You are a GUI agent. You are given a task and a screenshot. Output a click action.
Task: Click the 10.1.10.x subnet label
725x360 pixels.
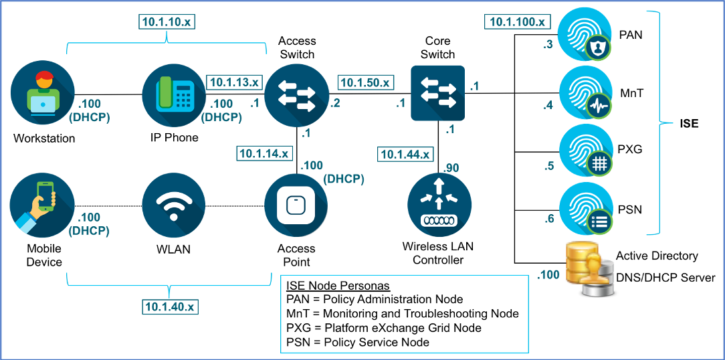click(x=167, y=21)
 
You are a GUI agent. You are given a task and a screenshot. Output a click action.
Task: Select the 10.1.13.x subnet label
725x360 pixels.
click(x=233, y=82)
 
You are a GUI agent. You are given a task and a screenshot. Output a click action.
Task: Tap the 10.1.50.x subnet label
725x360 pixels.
click(x=365, y=83)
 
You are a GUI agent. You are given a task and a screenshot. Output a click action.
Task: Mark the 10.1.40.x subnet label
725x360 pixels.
click(x=171, y=307)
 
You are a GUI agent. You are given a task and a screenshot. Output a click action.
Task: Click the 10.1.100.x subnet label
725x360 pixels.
click(x=517, y=22)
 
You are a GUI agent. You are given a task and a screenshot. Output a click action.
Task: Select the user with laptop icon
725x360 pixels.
click(x=42, y=92)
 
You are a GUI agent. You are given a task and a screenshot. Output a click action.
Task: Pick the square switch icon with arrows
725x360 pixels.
click(x=437, y=92)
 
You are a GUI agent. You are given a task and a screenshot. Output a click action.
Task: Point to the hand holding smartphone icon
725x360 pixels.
click(x=42, y=204)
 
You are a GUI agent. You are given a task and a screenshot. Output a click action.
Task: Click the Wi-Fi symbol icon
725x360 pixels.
click(x=173, y=205)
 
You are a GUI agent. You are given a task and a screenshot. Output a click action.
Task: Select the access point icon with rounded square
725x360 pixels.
click(x=296, y=205)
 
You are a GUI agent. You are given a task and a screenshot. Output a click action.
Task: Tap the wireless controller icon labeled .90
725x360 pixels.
click(x=439, y=205)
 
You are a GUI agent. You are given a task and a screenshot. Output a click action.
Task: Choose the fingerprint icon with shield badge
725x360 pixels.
click(x=586, y=33)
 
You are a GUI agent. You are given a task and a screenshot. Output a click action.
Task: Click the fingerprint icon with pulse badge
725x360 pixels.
click(x=586, y=92)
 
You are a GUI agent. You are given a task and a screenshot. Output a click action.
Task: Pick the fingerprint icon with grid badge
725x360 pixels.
click(x=586, y=149)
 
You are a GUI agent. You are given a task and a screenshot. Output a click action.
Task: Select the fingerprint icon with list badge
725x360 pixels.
click(x=586, y=207)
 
